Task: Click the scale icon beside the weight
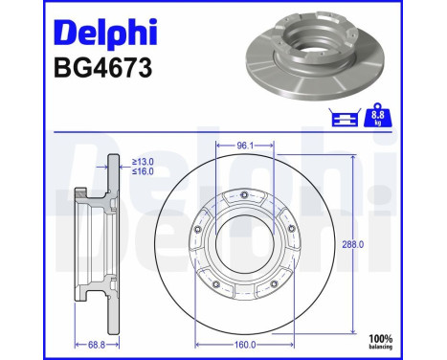[x=341, y=118]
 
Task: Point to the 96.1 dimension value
[x=246, y=146]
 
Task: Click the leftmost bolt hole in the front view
[x=196, y=230]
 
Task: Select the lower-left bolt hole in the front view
[x=216, y=283]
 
